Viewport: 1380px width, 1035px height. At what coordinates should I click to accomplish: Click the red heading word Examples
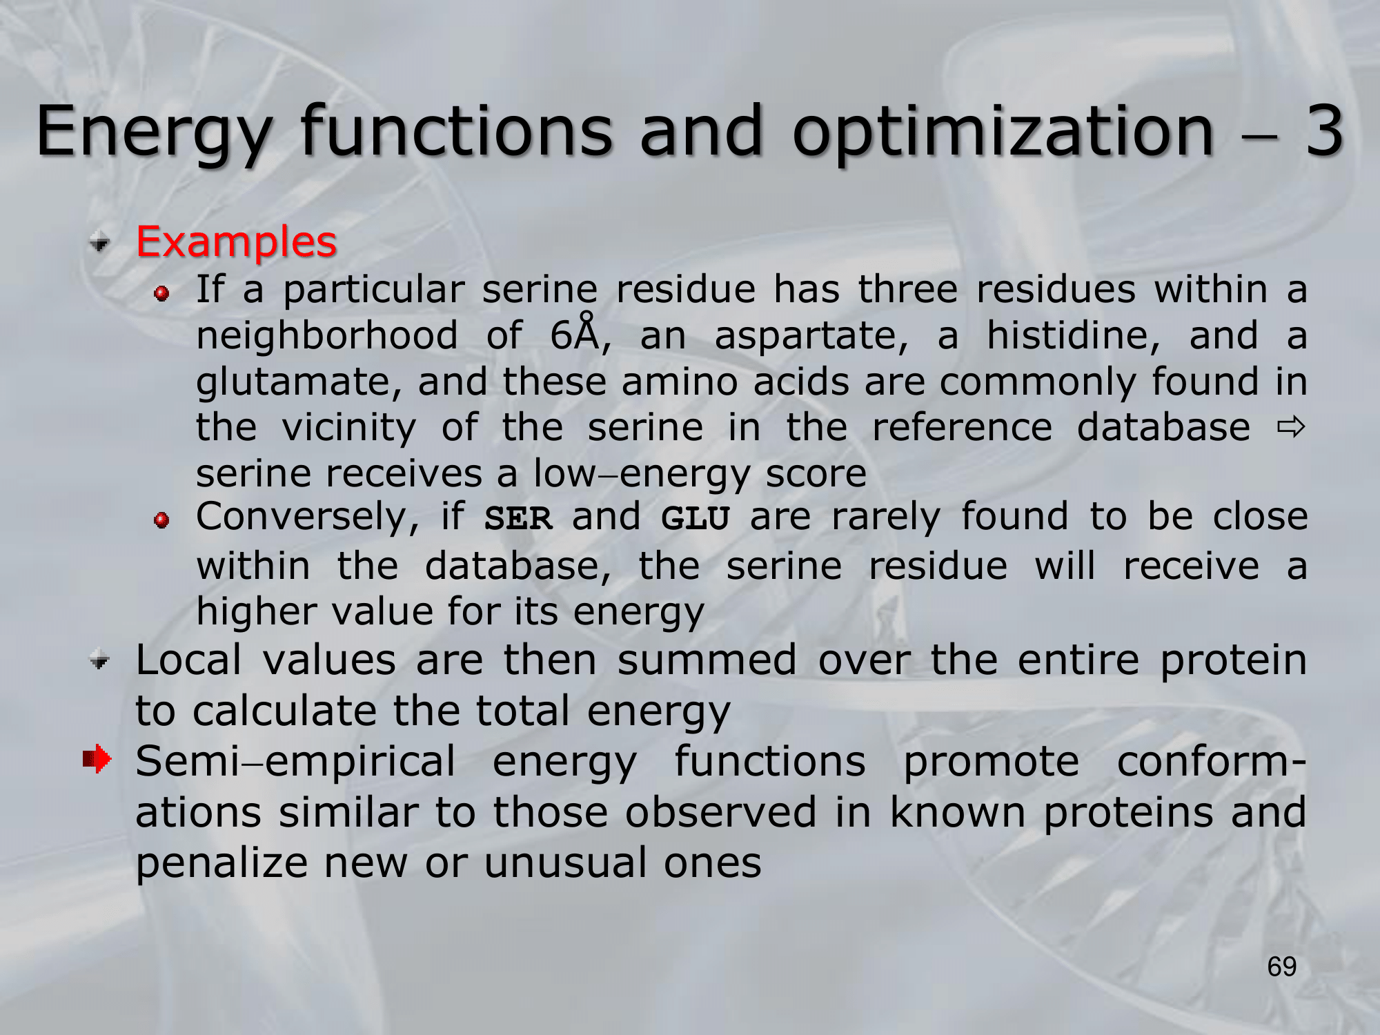pyautogui.click(x=236, y=242)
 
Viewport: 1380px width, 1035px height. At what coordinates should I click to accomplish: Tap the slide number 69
pyautogui.click(x=1282, y=967)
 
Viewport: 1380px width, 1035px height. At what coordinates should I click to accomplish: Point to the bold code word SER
pyautogui.click(x=518, y=518)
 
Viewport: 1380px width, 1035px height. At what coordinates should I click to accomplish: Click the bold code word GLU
pyautogui.click(x=695, y=518)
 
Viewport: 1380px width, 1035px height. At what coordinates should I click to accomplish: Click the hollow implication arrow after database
pyautogui.click(x=1291, y=428)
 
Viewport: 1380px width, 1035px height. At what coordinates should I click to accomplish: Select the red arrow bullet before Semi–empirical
pyautogui.click(x=97, y=759)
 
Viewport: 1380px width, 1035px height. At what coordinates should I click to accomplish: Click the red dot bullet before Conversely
pyautogui.click(x=162, y=520)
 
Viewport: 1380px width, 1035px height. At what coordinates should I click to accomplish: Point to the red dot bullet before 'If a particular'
pyautogui.click(x=162, y=294)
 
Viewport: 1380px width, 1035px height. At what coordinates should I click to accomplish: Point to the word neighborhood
pyautogui.click(x=327, y=336)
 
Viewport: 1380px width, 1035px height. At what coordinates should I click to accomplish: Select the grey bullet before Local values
pyautogui.click(x=100, y=660)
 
